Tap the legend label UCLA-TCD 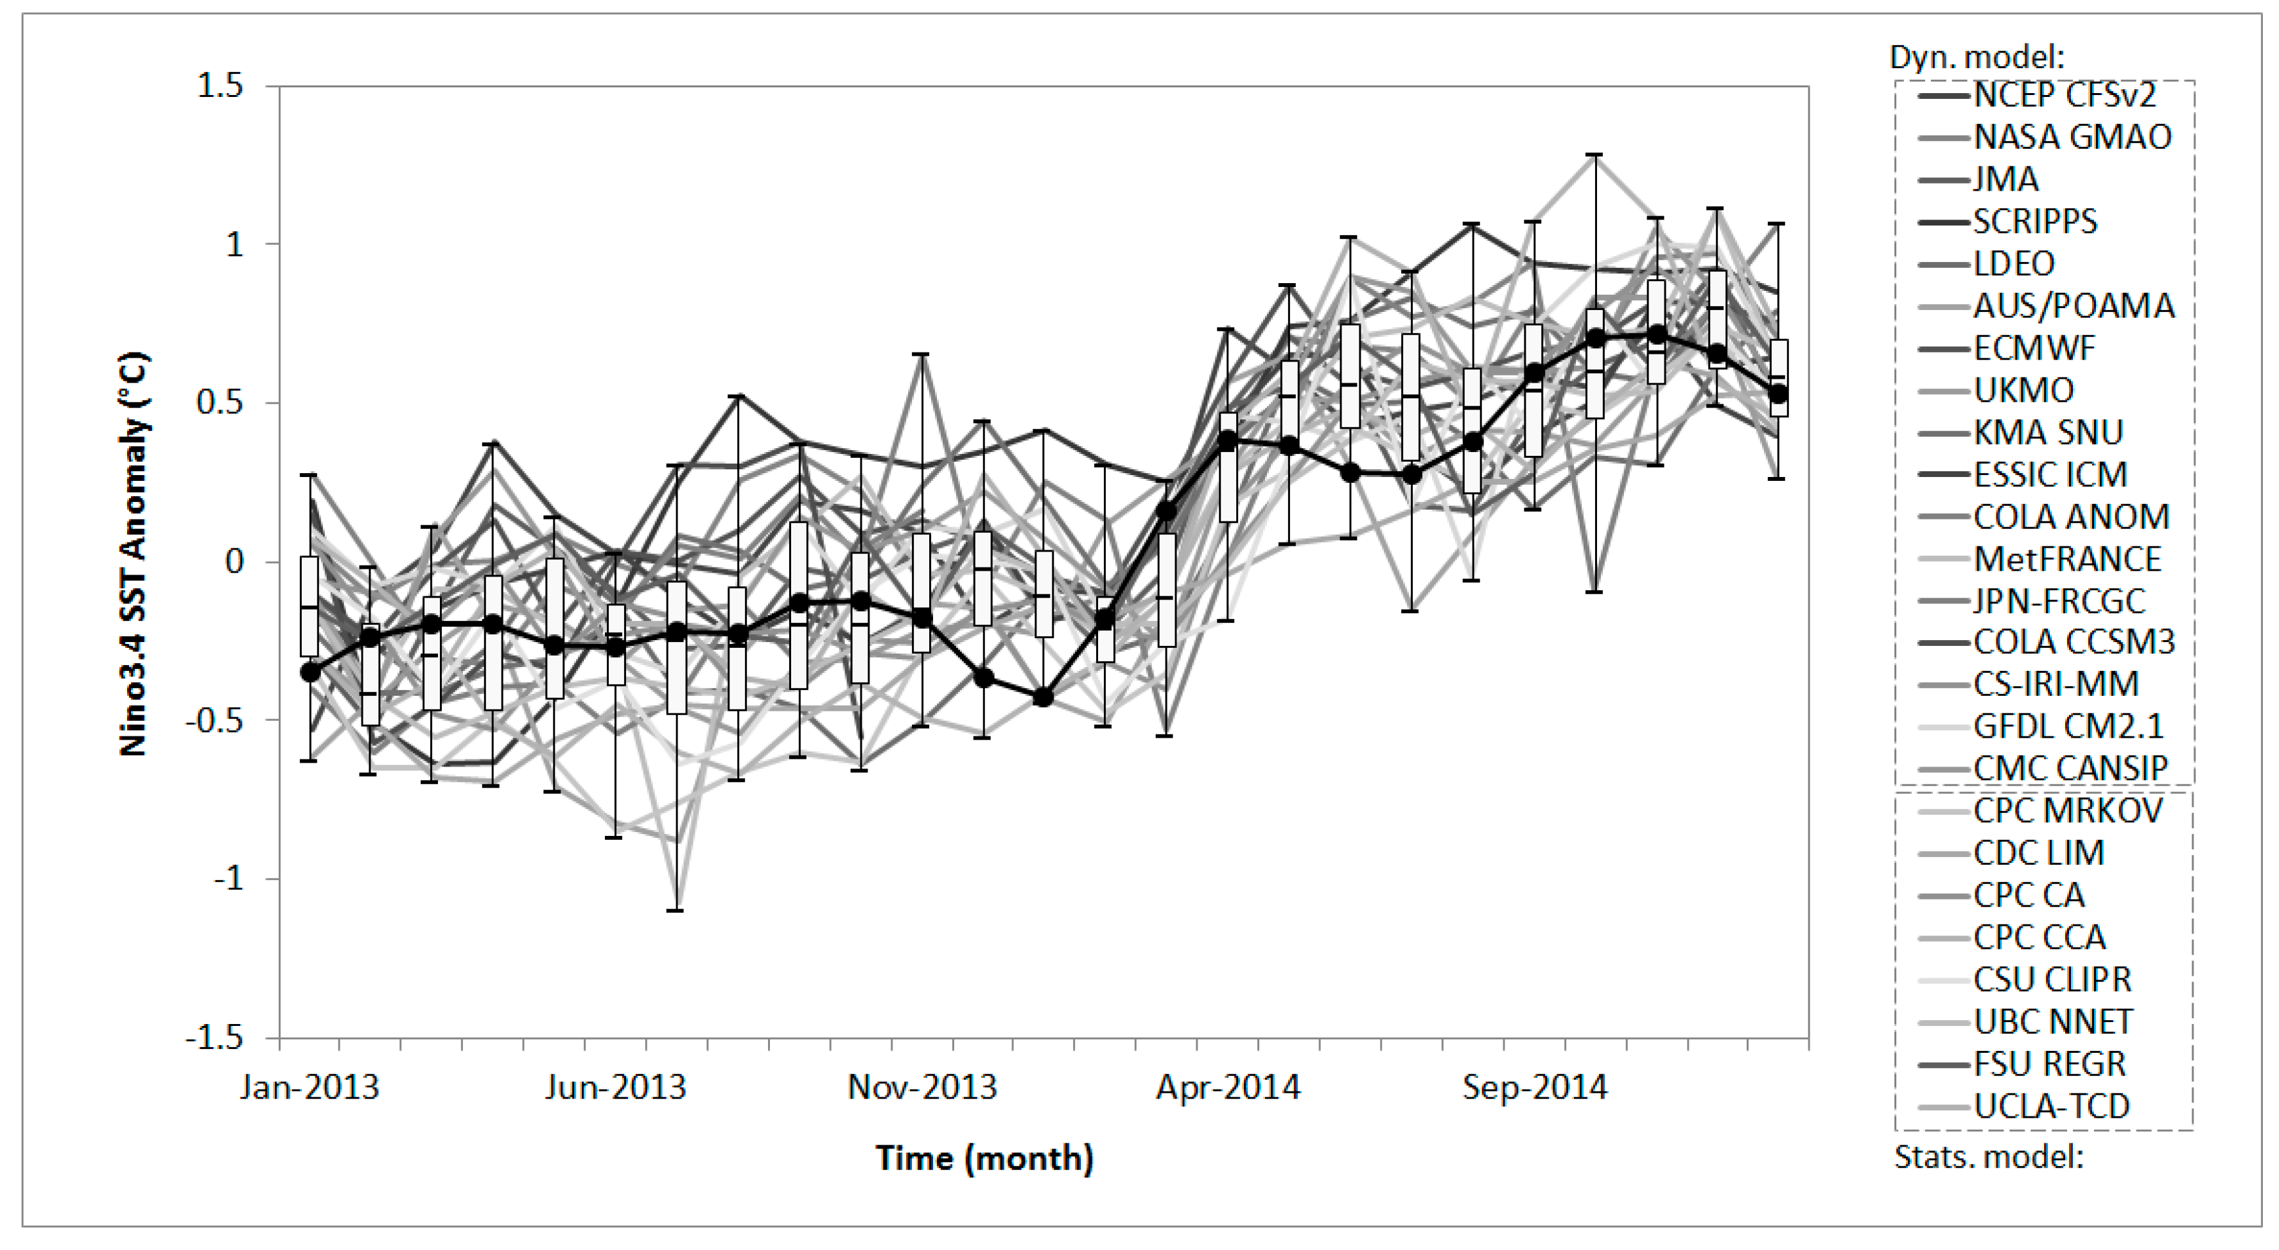[x=2051, y=1106]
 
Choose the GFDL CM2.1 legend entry [x=2068, y=726]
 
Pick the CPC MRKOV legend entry [x=2068, y=810]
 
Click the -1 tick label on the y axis [x=228, y=878]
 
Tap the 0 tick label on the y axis [x=234, y=561]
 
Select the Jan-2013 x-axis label [x=310, y=1086]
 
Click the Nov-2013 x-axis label [x=922, y=1086]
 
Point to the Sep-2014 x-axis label [x=1534, y=1086]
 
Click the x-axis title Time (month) [x=984, y=1158]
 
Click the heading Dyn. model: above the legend [x=1977, y=56]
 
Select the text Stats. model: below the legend [x=1989, y=1156]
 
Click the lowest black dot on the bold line [x=1043, y=698]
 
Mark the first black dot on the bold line [x=310, y=672]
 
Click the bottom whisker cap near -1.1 [x=676, y=910]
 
